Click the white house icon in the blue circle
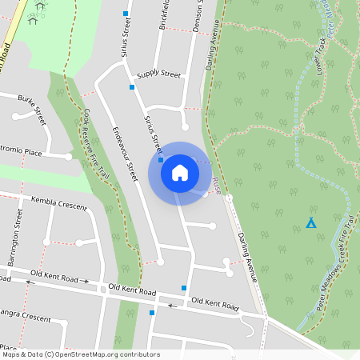[179, 172]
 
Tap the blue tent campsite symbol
[311, 222]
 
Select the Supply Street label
[158, 74]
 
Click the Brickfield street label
[165, 16]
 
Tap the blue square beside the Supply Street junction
[132, 86]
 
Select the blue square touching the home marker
[161, 160]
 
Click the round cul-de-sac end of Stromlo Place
[69, 156]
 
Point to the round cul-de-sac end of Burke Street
[16, 116]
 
